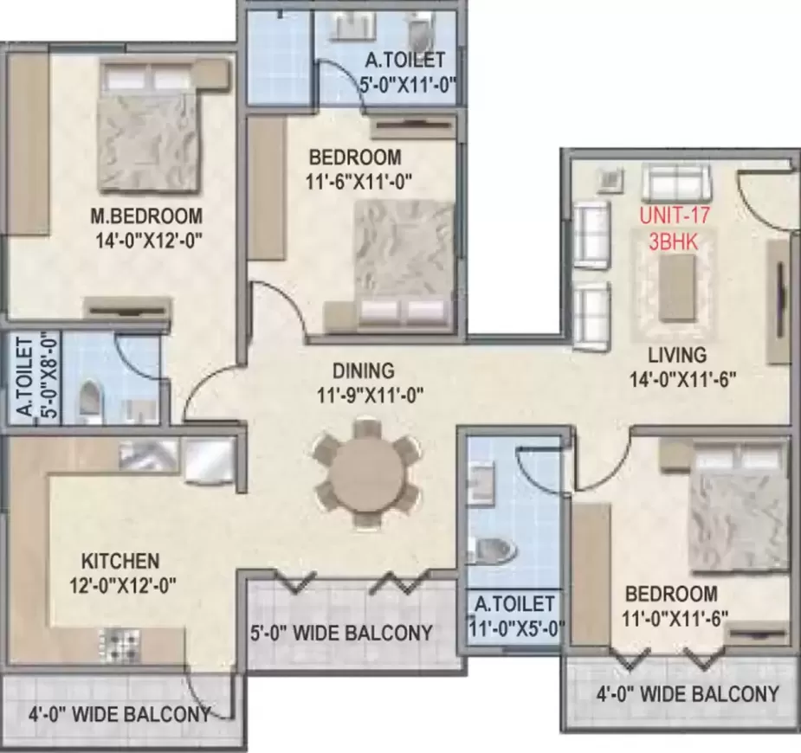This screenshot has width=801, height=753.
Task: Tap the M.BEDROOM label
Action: (150, 216)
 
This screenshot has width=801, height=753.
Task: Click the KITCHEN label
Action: (120, 560)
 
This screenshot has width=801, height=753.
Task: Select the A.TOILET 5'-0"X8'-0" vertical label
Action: (29, 378)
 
